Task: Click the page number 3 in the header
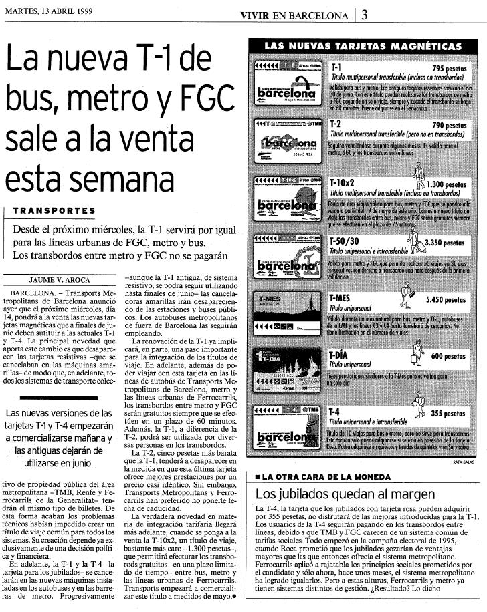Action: coord(364,16)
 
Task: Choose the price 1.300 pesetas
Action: coord(446,184)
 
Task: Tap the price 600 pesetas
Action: coord(448,357)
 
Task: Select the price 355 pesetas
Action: coord(448,414)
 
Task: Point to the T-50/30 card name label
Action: coord(346,241)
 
